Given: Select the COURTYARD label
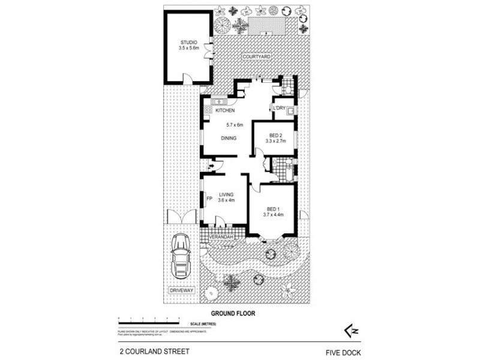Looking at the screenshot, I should (x=257, y=56).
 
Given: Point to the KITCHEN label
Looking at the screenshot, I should (x=225, y=111).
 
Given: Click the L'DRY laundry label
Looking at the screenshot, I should (x=278, y=108).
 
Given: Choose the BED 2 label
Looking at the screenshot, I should (x=274, y=135).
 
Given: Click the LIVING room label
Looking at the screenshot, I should (x=226, y=194).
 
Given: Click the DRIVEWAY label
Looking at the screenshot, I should (x=180, y=291).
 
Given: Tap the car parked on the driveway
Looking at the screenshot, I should (x=180, y=257).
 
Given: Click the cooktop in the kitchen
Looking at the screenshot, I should (x=208, y=110).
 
